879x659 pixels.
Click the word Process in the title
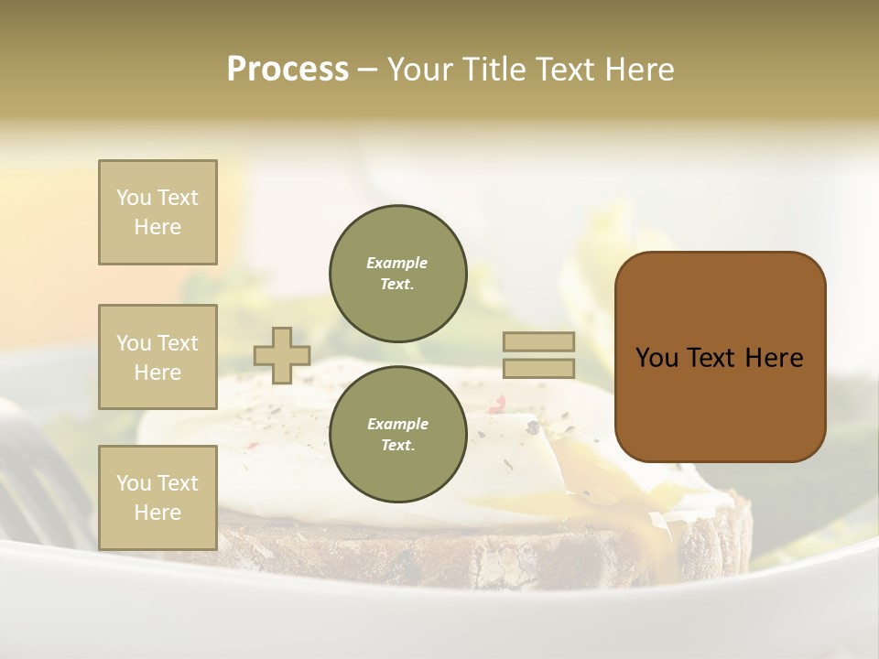[288, 70]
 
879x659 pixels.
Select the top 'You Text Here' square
[157, 212]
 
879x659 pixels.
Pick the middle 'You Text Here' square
[157, 357]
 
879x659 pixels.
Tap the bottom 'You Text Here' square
[157, 498]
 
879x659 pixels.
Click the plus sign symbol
[282, 355]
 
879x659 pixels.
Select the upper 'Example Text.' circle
[398, 274]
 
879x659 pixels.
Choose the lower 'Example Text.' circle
[398, 435]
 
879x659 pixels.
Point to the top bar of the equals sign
[538, 341]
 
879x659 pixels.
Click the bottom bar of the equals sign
[538, 368]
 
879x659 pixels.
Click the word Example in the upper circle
[396, 263]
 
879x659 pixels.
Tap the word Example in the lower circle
[397, 424]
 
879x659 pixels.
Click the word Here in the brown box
[774, 358]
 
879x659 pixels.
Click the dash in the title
[367, 70]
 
